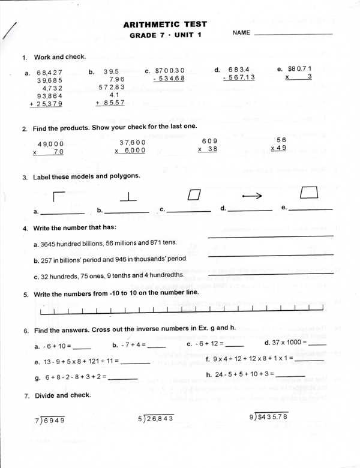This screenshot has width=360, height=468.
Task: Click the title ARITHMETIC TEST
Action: click(165, 25)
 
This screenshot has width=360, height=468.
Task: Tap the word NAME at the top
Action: click(241, 33)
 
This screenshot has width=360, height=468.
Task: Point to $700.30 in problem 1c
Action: click(170, 70)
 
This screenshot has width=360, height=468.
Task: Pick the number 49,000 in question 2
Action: click(50, 144)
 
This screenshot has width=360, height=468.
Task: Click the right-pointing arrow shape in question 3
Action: click(252, 195)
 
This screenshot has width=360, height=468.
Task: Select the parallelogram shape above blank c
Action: click(193, 194)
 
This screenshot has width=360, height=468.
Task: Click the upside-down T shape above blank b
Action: click(128, 196)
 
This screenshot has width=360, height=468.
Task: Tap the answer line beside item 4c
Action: click(270, 274)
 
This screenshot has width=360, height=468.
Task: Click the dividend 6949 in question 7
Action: click(53, 420)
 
